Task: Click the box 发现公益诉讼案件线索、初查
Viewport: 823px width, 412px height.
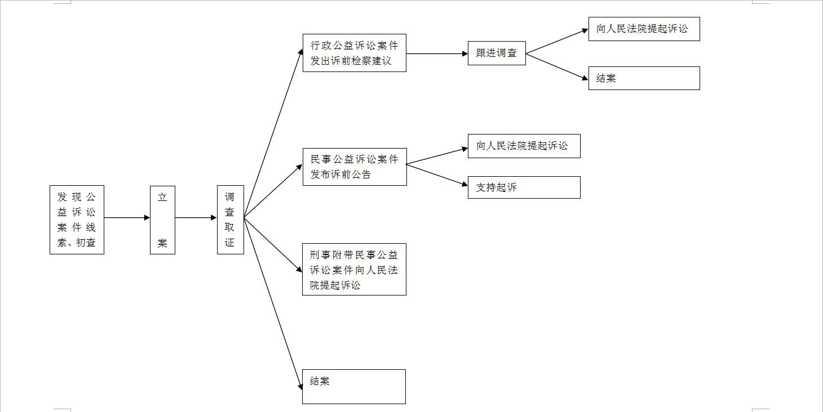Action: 77,220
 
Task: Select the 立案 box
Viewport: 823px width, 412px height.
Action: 162,220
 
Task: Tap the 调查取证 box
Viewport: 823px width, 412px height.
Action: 230,220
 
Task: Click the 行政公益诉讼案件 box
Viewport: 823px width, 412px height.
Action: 354,53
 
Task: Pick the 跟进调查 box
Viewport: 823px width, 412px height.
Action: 496,53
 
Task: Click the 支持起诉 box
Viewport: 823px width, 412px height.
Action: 524,187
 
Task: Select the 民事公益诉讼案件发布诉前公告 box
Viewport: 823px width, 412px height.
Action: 354,167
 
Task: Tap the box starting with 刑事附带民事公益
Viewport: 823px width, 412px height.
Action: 354,269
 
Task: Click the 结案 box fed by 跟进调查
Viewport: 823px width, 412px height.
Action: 644,78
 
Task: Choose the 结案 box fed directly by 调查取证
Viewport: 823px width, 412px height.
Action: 353,386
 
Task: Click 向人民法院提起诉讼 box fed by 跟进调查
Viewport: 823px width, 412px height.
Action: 644,29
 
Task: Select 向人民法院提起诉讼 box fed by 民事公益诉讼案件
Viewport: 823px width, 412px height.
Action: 524,146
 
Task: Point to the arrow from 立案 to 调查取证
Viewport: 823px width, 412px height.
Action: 196,218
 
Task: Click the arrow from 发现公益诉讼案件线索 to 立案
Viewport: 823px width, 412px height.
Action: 127,218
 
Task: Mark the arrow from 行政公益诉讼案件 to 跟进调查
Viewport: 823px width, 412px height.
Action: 437,54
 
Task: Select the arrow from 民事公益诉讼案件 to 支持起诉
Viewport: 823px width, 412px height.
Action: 437,174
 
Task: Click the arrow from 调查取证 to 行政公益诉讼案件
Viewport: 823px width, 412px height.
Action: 273,133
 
